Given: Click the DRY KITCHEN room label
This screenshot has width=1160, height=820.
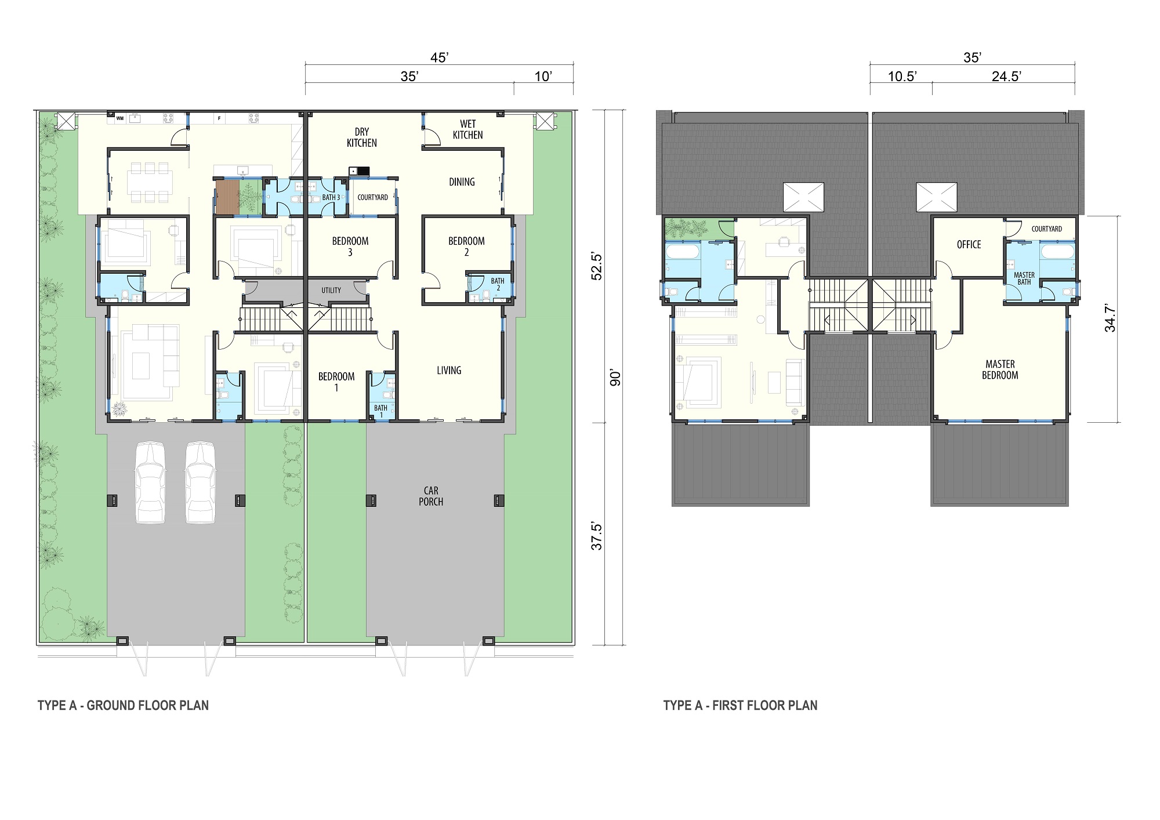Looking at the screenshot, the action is [362, 137].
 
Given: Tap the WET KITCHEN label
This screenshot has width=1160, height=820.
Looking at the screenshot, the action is [468, 129].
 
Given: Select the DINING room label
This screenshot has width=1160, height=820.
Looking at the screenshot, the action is [462, 182].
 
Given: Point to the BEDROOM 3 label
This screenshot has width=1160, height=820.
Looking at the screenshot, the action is [350, 246].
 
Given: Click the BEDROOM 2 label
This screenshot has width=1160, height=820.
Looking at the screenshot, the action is [466, 246].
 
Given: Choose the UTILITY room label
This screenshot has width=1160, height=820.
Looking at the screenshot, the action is [331, 291].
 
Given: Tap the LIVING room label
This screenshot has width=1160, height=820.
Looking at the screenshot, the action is [449, 371].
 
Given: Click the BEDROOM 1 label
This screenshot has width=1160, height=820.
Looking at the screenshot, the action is [336, 382].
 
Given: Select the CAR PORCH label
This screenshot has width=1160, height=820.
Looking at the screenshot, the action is [431, 496].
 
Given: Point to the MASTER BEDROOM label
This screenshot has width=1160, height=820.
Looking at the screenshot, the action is [1000, 370].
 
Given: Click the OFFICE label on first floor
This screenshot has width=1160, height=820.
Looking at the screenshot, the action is [969, 245].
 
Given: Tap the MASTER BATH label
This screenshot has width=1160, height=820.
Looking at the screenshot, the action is [1024, 279].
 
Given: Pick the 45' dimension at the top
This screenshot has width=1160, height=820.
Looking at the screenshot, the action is [440, 57].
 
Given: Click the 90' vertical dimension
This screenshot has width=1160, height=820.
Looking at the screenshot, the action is [615, 378].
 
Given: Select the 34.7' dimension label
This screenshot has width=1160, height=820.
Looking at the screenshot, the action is [1110, 318].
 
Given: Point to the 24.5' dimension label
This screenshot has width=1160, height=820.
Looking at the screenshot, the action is [1006, 77].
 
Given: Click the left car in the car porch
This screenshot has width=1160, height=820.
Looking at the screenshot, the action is [150, 482].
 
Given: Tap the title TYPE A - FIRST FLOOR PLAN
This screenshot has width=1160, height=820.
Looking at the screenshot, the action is [740, 706].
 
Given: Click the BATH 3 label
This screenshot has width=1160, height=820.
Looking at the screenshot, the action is [331, 198].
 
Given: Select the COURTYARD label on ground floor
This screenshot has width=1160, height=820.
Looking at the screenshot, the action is [373, 198].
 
